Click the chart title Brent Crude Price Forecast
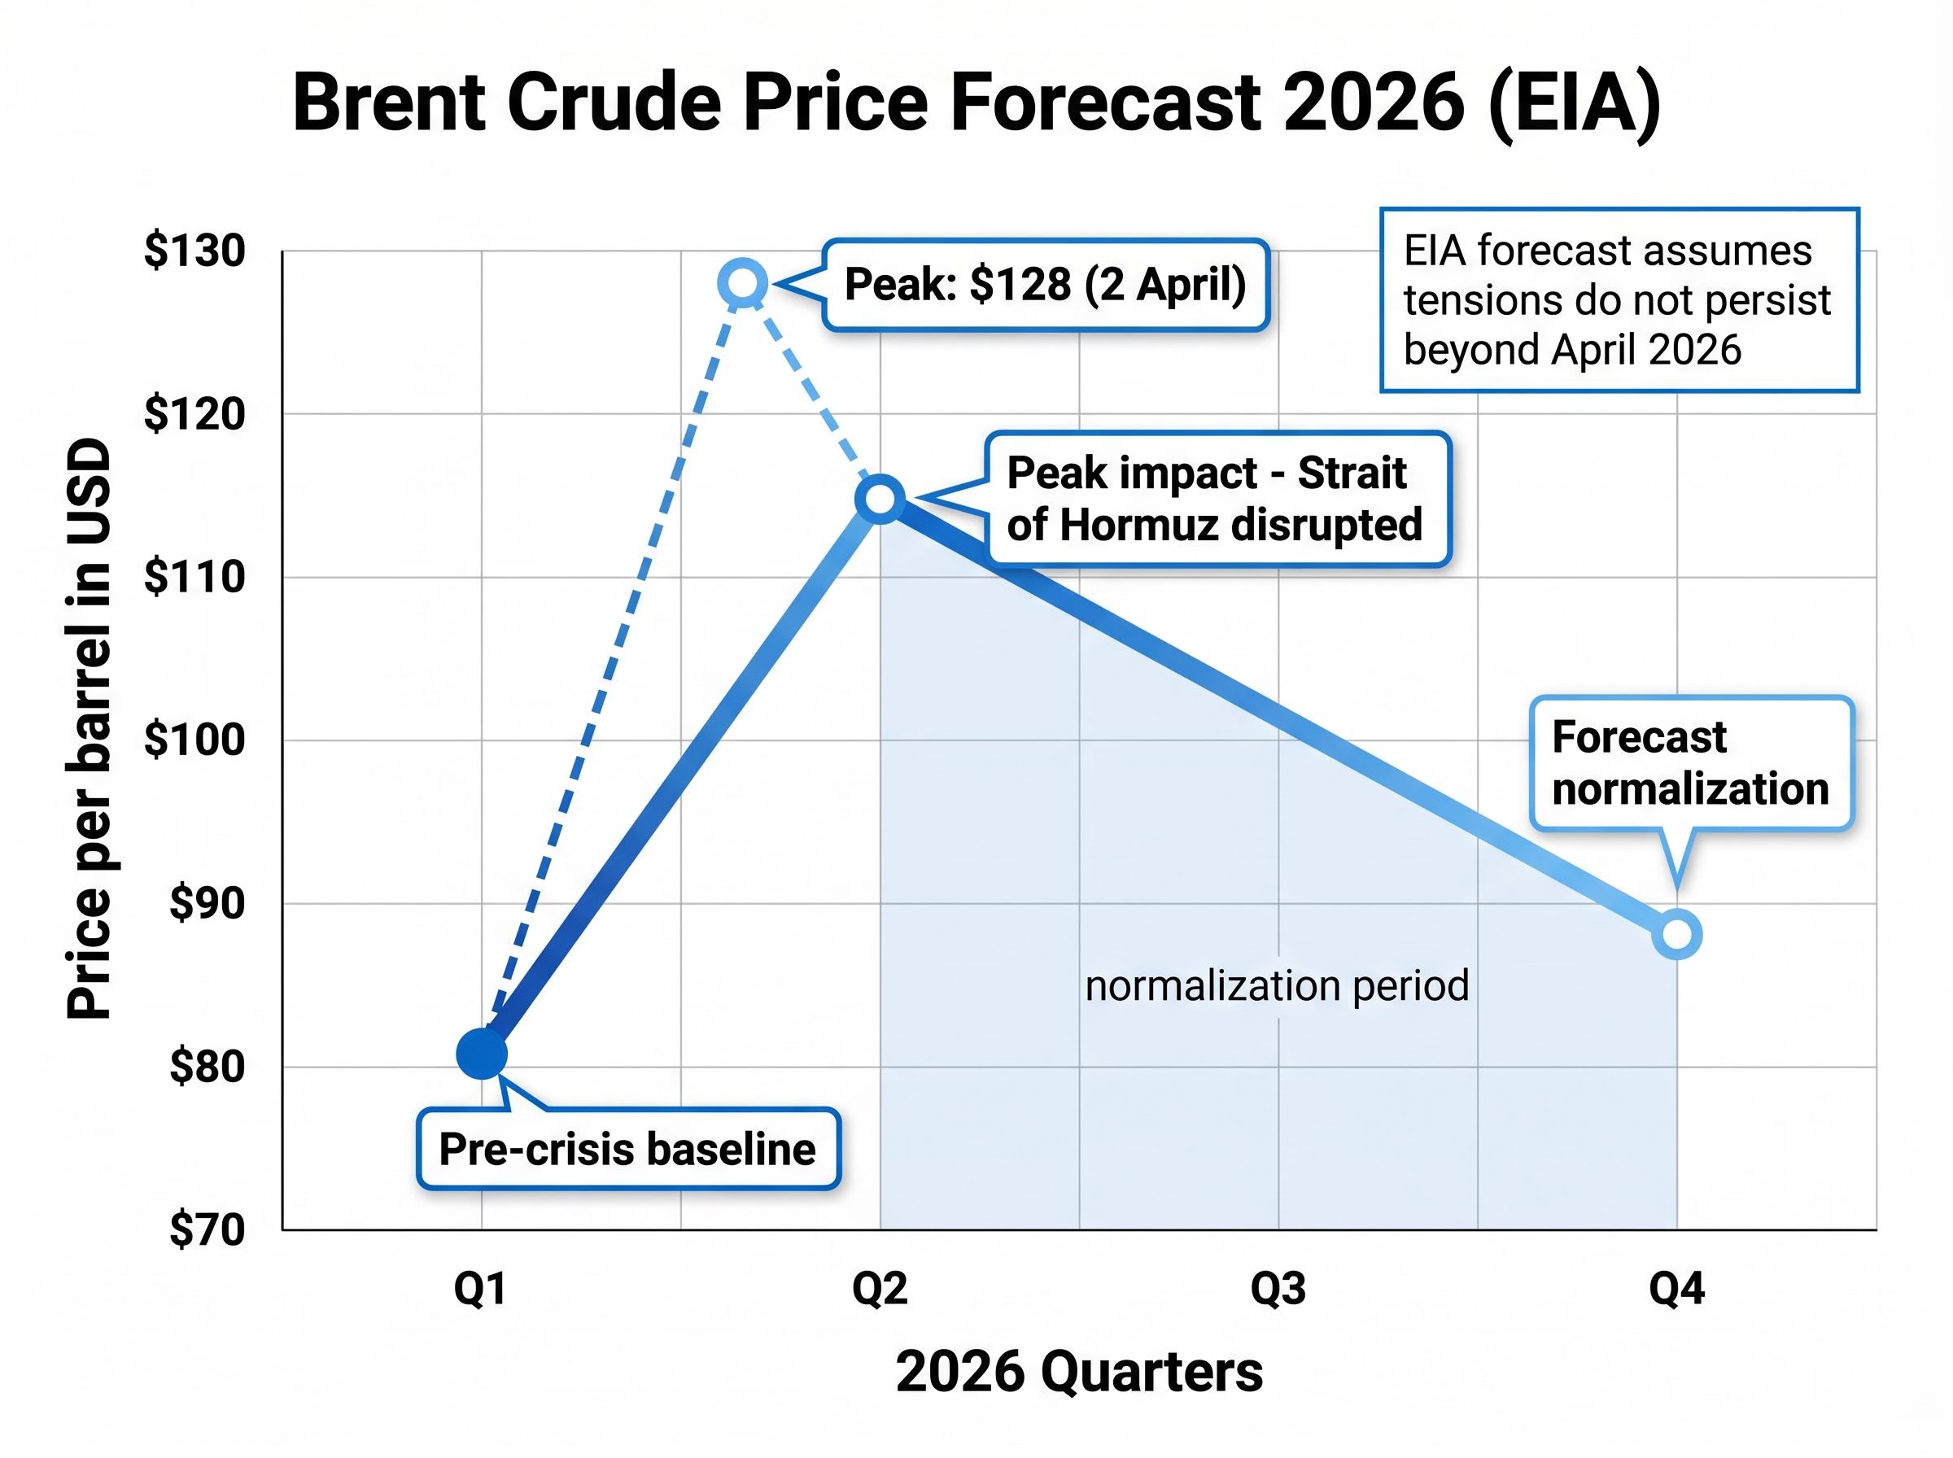point(976,103)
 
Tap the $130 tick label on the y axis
point(195,251)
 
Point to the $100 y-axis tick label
point(195,740)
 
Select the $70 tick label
point(208,1229)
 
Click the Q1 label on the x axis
point(480,1290)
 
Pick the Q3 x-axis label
point(1278,1290)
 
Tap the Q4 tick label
point(1677,1290)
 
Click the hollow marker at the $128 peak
point(743,283)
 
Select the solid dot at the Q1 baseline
point(482,1053)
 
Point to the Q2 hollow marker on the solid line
point(880,499)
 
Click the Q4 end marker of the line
point(1677,934)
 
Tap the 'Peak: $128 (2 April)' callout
point(1046,285)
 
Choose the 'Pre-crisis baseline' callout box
point(628,1149)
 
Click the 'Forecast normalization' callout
point(1691,763)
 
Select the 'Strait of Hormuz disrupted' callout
point(1218,499)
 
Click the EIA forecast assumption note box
point(1619,300)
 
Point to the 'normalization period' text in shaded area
point(1277,986)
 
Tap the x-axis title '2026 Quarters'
point(1079,1373)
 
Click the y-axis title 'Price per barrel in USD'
point(90,729)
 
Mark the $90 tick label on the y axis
point(208,903)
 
